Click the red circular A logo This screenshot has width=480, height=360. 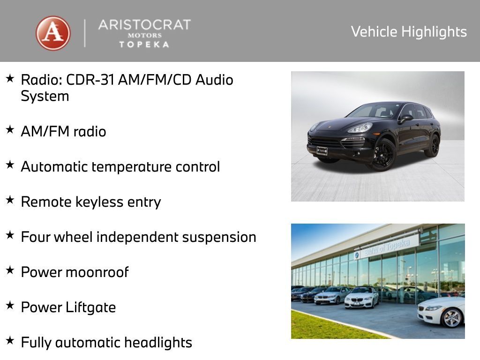tap(53, 33)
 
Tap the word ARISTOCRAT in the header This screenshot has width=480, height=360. tap(144, 25)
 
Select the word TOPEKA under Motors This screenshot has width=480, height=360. tap(144, 45)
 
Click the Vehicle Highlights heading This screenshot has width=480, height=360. tap(409, 32)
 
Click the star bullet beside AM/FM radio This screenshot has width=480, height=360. tap(10, 130)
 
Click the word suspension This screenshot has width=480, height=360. tap(219, 237)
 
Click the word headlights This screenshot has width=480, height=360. tap(158, 343)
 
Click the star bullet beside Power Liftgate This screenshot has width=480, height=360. tap(10, 306)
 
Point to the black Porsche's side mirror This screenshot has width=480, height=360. tap(405, 118)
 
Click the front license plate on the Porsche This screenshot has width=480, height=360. tap(322, 150)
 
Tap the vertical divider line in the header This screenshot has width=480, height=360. tap(85, 33)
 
